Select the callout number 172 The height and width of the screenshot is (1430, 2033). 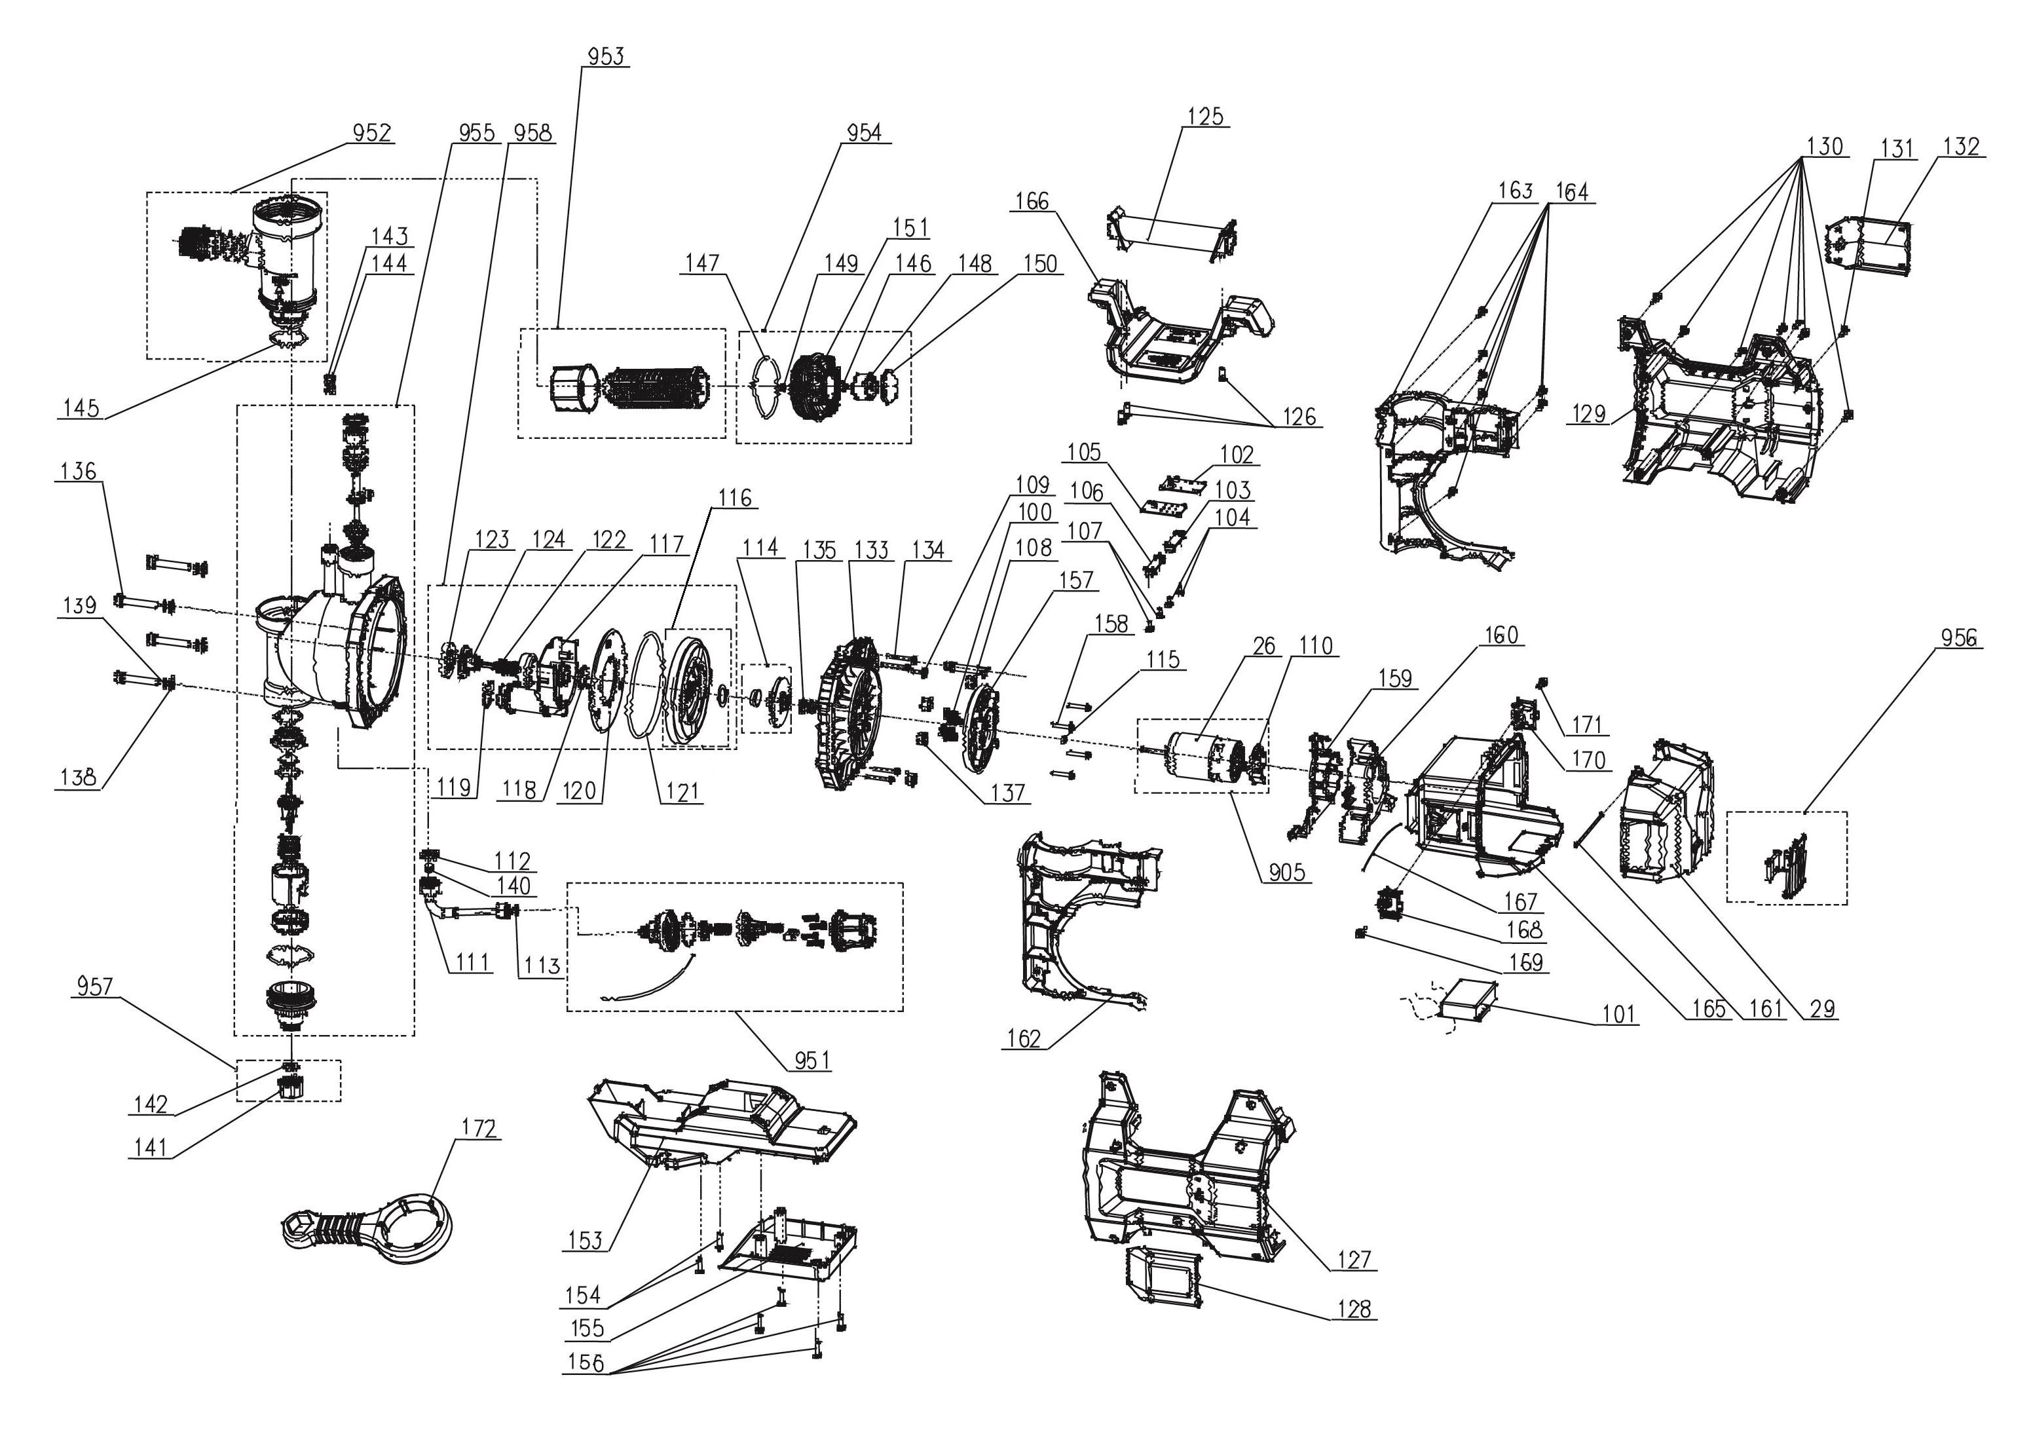coord(479,1128)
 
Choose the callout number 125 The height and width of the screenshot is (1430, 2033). coord(1205,116)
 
